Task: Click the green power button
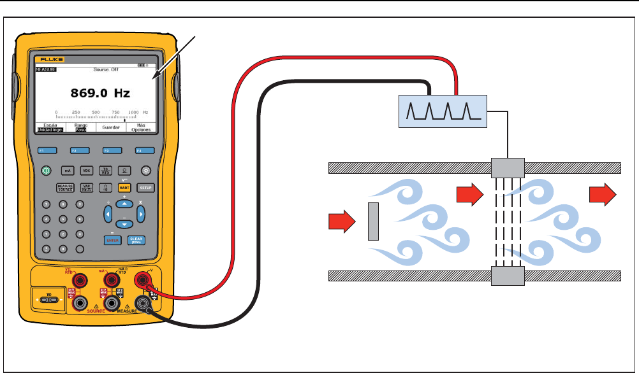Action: tap(46, 171)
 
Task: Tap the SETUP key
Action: tap(145, 188)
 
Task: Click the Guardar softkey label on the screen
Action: tap(111, 127)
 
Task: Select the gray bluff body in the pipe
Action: tap(374, 221)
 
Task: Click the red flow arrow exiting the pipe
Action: tap(602, 194)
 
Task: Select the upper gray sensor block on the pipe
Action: tap(508, 168)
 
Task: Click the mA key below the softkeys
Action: tap(67, 171)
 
